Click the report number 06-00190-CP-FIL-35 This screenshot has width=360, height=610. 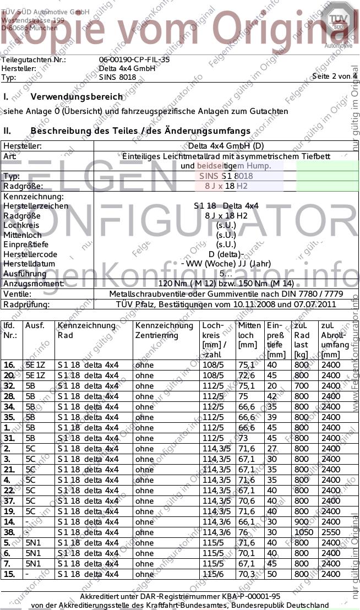pos(134,59)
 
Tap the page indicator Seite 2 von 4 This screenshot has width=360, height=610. pos(334,76)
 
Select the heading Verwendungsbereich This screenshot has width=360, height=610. pos(77,97)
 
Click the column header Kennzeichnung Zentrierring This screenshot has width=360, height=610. pos(157,330)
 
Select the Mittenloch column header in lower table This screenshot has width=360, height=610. pos(249,330)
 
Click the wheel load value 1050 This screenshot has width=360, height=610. pos(303,532)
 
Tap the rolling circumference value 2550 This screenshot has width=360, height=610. pos(331,532)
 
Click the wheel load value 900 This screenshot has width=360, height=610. pos(302,522)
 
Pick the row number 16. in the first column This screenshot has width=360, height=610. pos(9,365)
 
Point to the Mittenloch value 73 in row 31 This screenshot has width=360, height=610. pos(243,438)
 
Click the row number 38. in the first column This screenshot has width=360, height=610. pos(9,532)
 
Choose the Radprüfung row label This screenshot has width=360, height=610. pos(26,304)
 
